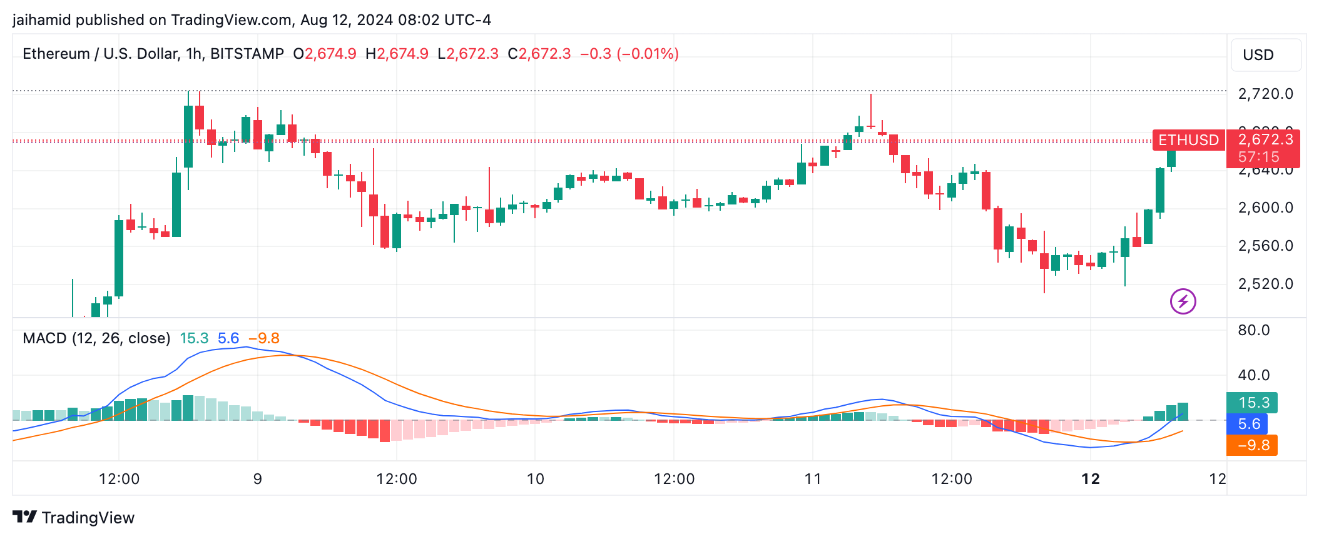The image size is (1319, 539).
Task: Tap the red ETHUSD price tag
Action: tap(1188, 140)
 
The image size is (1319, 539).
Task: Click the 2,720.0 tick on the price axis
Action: tap(1265, 94)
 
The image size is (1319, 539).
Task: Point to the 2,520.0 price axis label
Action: tap(1265, 284)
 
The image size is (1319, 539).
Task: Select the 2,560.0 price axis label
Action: tap(1265, 246)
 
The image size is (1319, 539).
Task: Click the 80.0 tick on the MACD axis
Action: tap(1253, 330)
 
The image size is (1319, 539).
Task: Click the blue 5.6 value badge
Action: tap(1248, 424)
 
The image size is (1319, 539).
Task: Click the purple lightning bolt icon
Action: tap(1183, 301)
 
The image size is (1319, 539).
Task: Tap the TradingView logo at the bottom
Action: tap(74, 518)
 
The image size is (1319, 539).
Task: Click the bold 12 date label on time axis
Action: tap(1090, 479)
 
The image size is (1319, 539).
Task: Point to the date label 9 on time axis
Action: tap(257, 479)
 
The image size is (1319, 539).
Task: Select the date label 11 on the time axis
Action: tap(812, 479)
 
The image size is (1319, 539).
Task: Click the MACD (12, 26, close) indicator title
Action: tap(96, 338)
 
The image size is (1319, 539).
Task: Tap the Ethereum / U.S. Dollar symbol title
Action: tap(153, 54)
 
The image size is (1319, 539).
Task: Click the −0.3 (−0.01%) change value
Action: tap(629, 54)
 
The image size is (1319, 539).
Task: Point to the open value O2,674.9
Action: tap(325, 54)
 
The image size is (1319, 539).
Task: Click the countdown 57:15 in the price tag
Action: tap(1258, 158)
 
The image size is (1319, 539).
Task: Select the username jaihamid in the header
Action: tap(41, 20)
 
